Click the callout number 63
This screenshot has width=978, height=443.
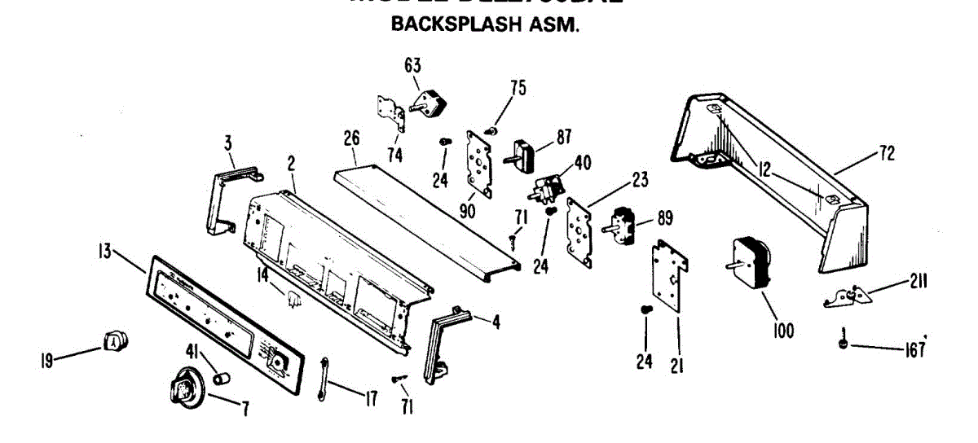pos(412,64)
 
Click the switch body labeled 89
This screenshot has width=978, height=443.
pos(625,221)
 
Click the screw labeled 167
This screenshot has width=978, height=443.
pos(843,345)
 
